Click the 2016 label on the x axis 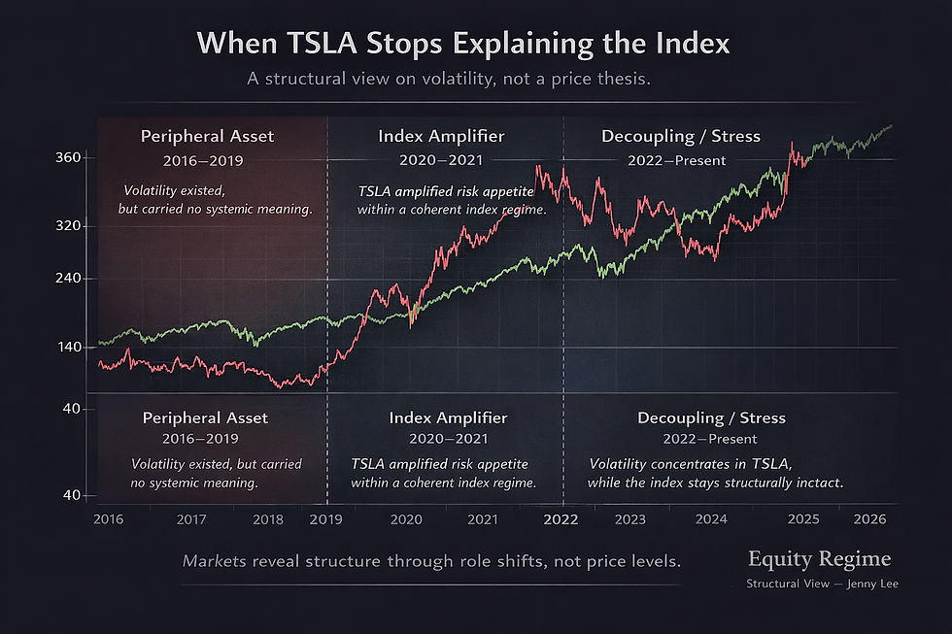tap(108, 519)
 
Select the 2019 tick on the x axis tap(325, 519)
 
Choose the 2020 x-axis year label tap(406, 519)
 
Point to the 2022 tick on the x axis tap(561, 519)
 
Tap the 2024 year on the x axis tap(712, 519)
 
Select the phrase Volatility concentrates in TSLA tap(691, 464)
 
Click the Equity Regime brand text tap(818, 559)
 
